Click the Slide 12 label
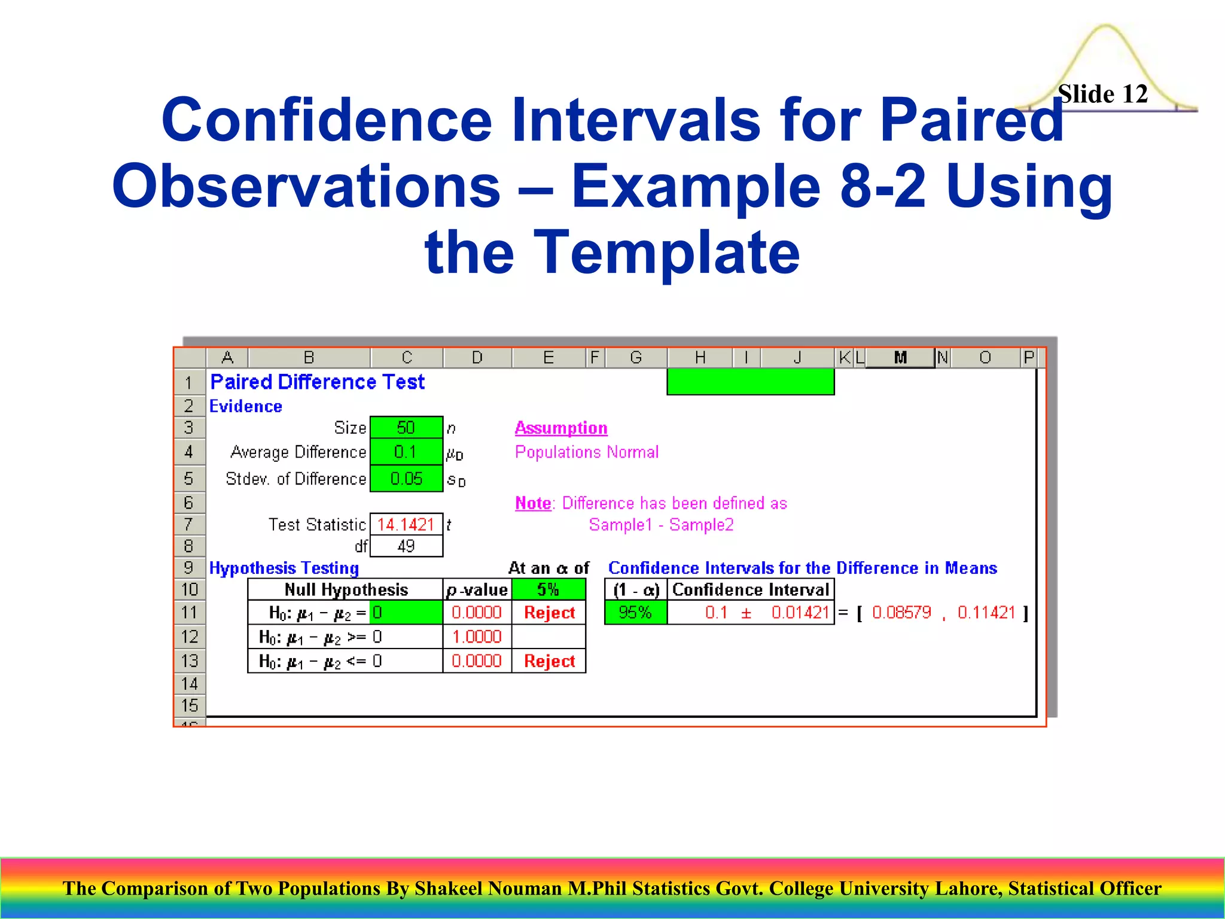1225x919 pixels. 1102,94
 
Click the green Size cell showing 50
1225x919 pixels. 406,428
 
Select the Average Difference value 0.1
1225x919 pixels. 406,452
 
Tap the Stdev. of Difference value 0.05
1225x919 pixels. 406,479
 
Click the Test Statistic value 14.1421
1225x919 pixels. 406,525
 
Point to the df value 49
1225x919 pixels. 406,546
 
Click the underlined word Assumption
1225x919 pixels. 560,428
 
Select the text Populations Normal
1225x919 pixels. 586,452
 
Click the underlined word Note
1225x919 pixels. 532,503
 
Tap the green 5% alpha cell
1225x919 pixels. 548,590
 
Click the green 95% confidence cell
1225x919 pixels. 635,613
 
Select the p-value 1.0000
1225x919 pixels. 477,637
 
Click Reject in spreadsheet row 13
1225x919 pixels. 549,661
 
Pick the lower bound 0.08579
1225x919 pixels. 901,613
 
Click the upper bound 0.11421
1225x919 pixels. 986,613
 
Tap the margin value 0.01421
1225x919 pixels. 800,613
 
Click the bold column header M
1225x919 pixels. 900,358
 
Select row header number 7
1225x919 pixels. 188,525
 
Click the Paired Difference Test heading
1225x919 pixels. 317,382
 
